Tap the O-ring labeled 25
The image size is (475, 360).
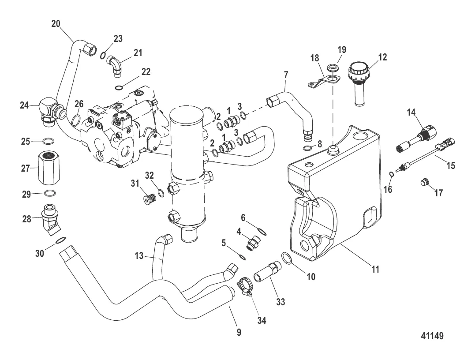tap(49, 142)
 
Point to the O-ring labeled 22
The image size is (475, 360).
tap(118, 87)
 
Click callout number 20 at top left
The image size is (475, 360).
tap(56, 24)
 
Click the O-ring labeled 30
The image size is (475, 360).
tap(61, 240)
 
